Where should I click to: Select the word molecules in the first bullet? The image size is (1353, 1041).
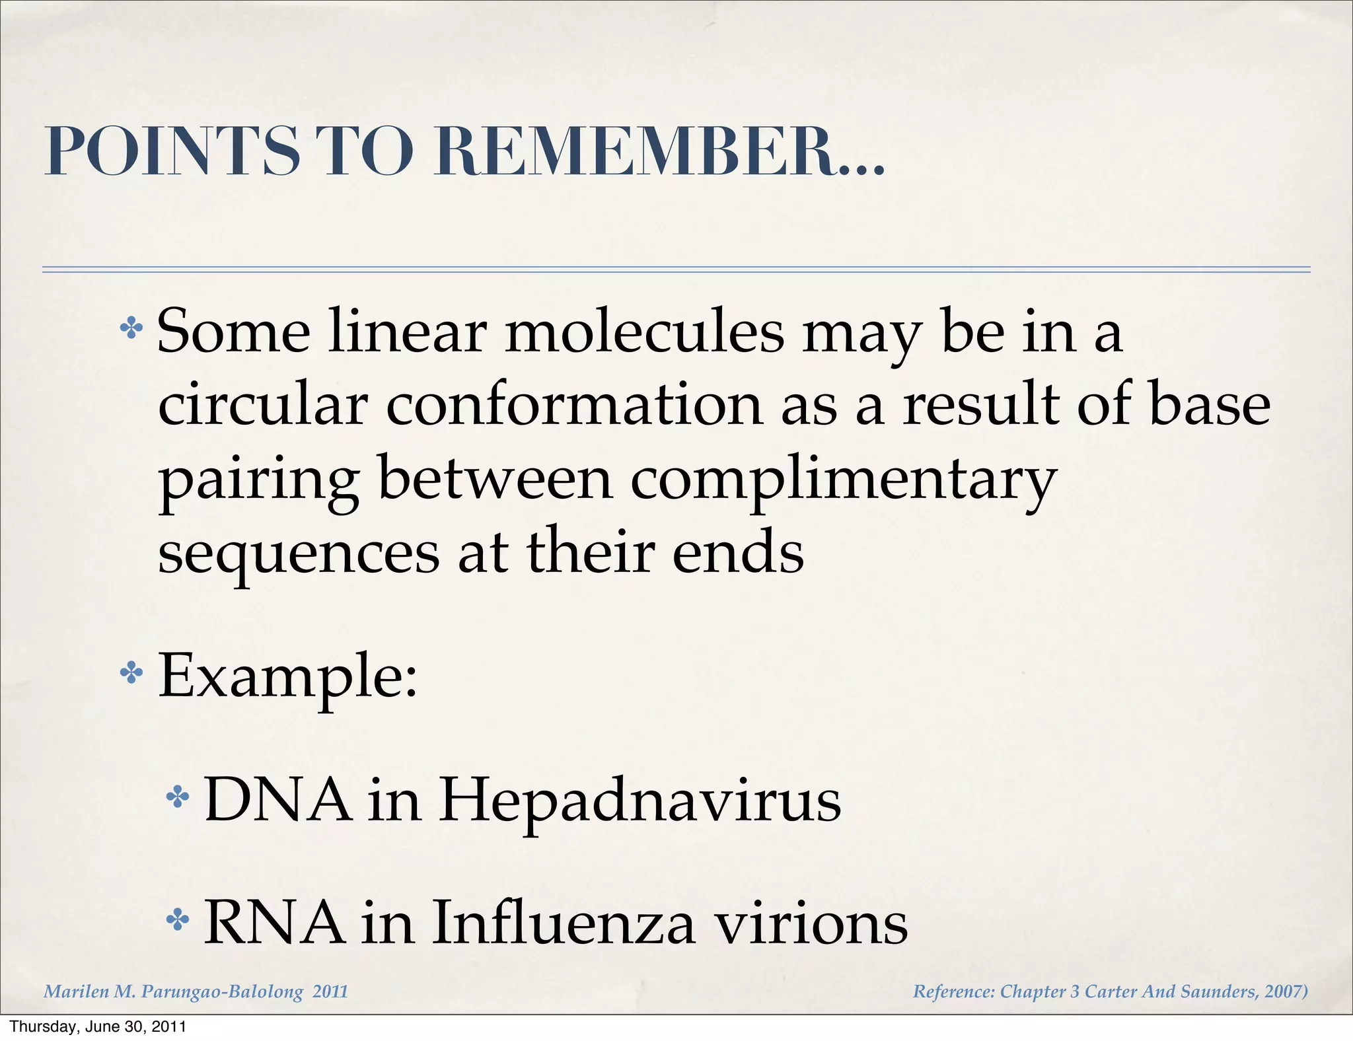coord(645,332)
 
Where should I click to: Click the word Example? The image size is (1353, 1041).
coord(288,676)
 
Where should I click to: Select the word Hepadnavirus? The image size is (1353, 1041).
coord(640,801)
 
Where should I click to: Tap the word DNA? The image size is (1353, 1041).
coord(278,800)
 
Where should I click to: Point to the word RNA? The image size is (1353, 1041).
coord(274,923)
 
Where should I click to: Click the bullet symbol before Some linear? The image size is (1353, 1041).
coord(131,328)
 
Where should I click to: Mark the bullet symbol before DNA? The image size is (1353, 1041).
coord(177,798)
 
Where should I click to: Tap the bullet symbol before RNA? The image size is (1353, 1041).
coord(177,919)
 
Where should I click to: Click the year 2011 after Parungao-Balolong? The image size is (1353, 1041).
coord(330,991)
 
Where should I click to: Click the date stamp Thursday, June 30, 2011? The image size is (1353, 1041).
coord(98,1026)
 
